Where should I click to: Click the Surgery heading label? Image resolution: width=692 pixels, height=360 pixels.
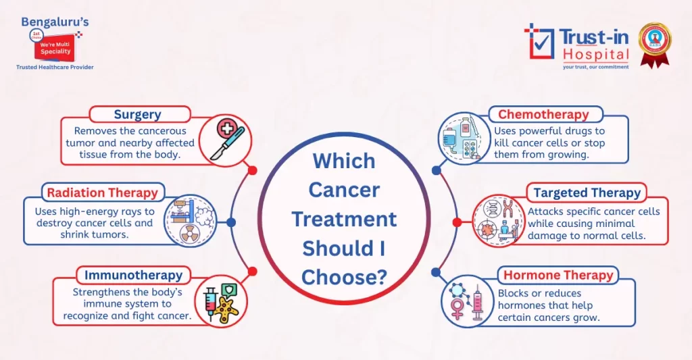pos(137,114)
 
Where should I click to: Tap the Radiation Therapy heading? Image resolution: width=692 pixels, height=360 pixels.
pos(102,192)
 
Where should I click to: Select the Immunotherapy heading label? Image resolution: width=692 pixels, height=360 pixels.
pos(133,275)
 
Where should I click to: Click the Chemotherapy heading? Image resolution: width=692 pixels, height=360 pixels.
pos(543,114)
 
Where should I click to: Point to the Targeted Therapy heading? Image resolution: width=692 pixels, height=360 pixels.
pos(587,192)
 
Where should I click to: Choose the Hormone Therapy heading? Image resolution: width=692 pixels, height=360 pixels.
pos(558,275)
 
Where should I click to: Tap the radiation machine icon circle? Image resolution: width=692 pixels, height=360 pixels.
pos(190,221)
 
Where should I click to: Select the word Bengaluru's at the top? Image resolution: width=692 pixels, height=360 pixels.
pos(55,22)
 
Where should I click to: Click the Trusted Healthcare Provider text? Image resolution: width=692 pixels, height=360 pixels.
pos(55,68)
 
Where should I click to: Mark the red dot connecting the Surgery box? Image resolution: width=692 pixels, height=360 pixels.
pos(253,170)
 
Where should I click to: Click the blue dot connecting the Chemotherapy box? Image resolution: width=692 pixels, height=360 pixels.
pos(436,170)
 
